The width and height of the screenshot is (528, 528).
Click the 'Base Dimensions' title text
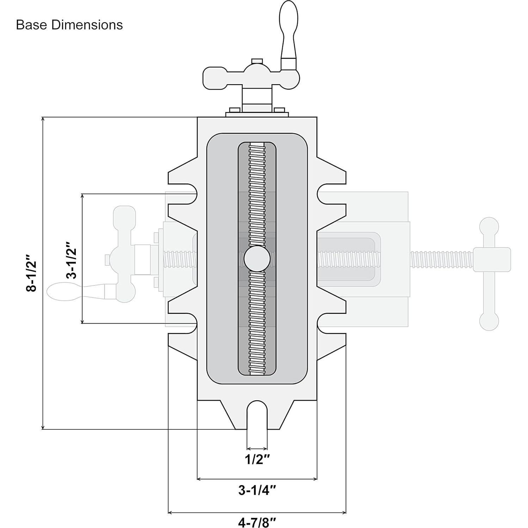click(x=69, y=25)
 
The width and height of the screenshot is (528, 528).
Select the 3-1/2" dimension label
click(x=72, y=260)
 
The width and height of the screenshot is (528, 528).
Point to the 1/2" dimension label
click(x=257, y=459)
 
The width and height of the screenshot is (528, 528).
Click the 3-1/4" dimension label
click(x=257, y=490)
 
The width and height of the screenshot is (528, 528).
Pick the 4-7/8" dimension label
click(x=257, y=522)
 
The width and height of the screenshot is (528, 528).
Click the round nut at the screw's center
click(x=257, y=259)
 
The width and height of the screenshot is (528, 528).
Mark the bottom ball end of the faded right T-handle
click(x=489, y=321)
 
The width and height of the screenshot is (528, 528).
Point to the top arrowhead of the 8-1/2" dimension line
click(x=43, y=119)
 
